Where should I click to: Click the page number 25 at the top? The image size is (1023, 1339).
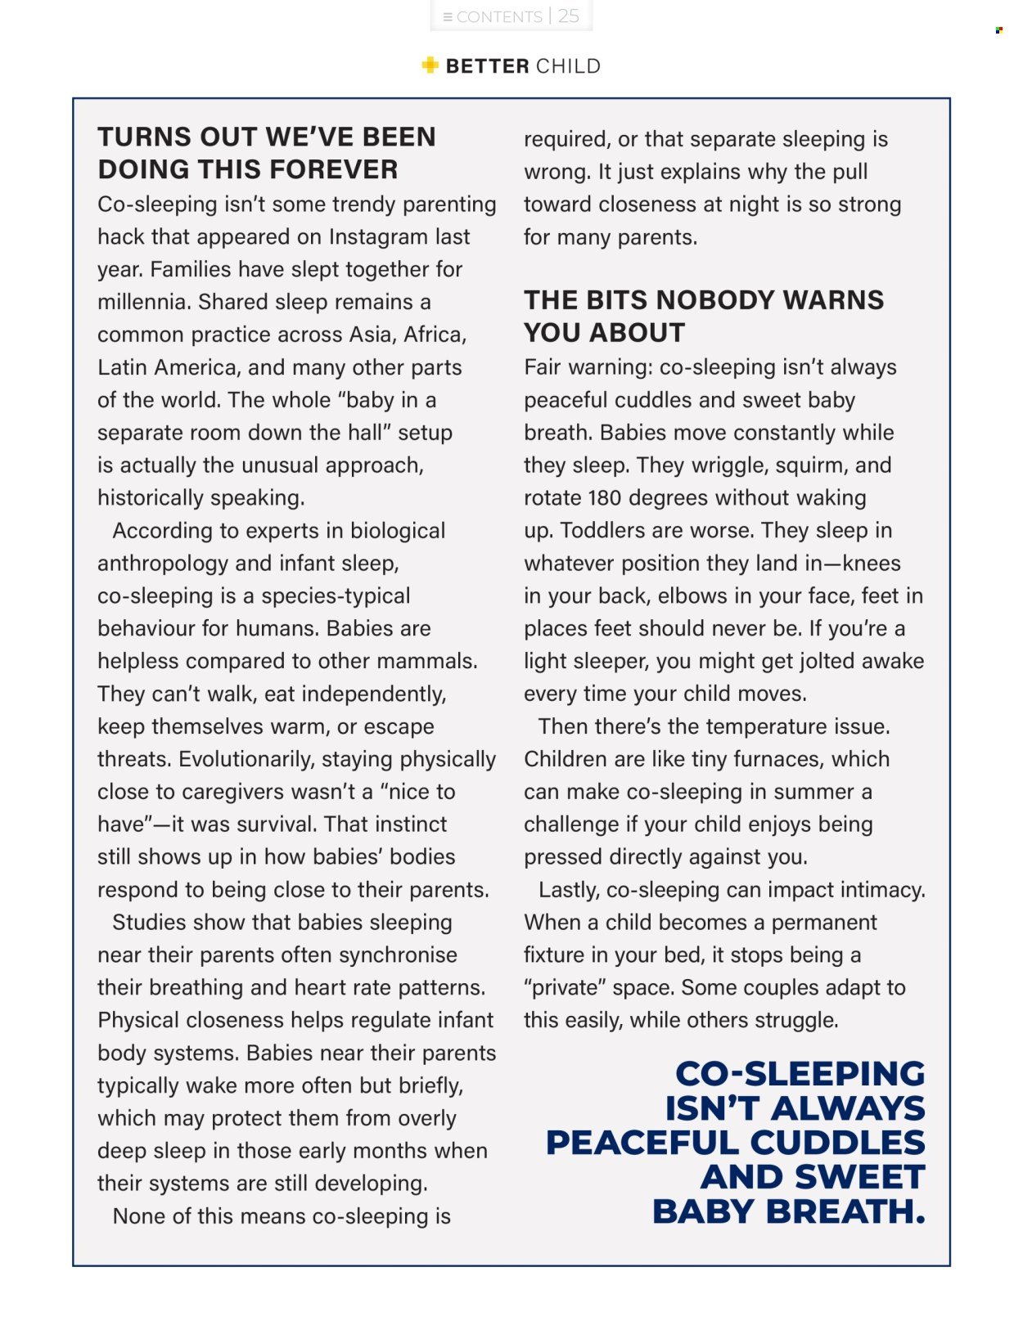pos(569,16)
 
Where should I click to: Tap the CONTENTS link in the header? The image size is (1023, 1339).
pos(498,17)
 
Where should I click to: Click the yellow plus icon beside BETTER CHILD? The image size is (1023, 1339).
pos(430,65)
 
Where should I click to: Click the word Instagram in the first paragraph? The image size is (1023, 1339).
pos(378,236)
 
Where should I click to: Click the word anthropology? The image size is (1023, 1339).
pos(163,564)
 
